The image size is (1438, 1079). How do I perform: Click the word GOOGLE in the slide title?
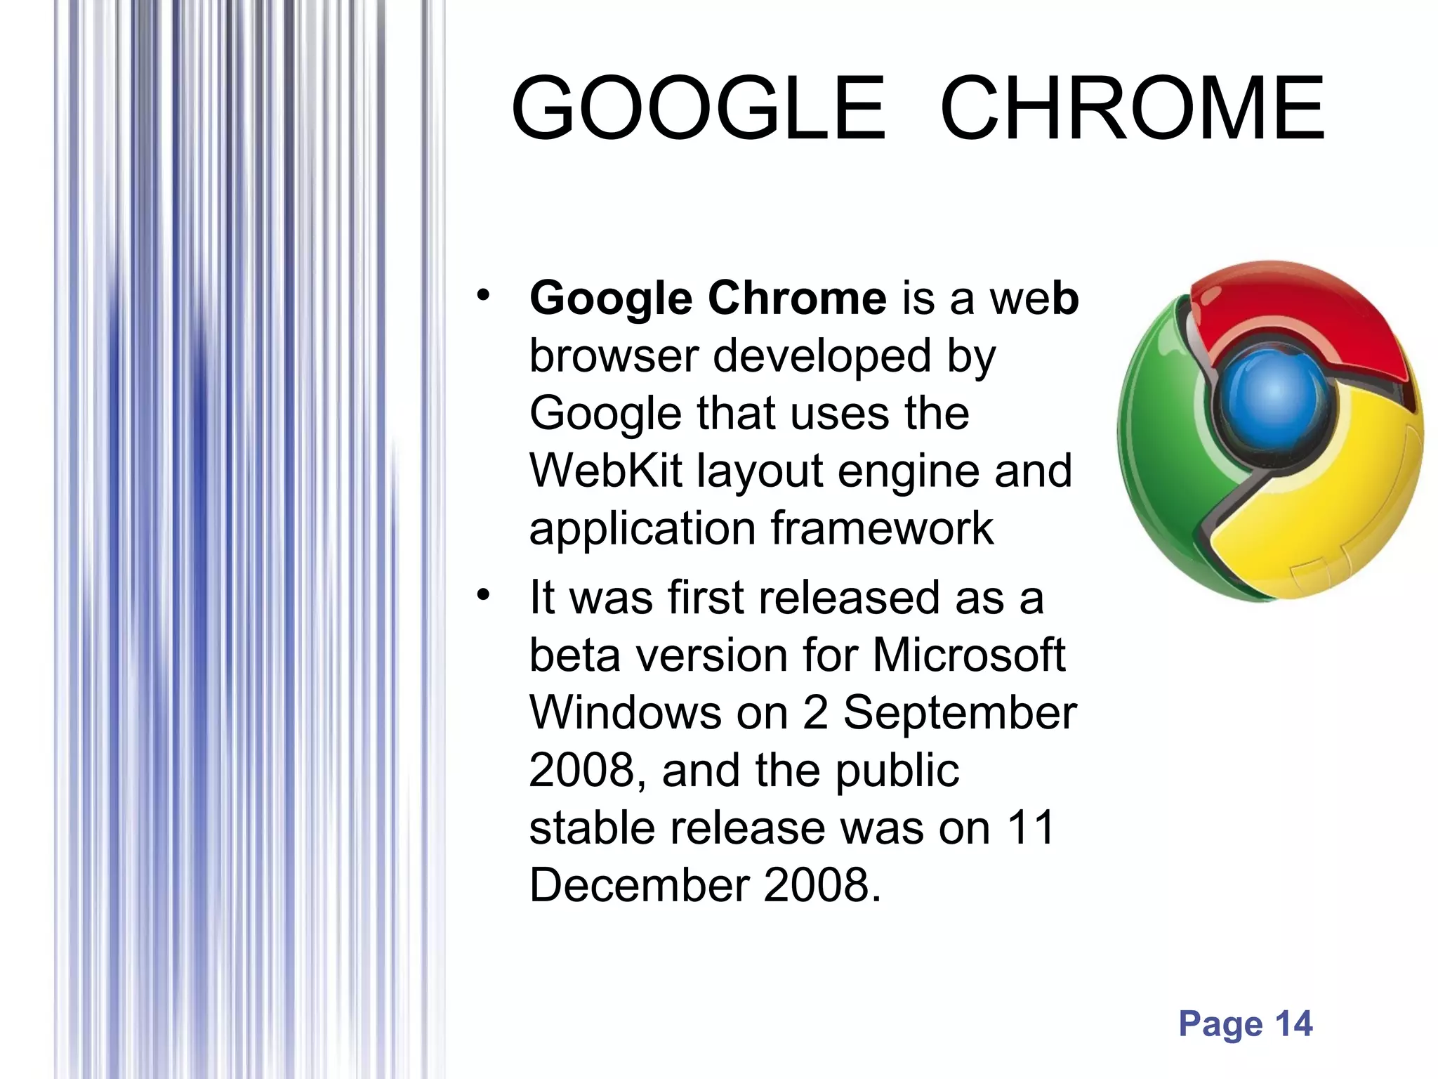699,109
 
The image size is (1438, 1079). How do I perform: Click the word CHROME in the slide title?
1132,109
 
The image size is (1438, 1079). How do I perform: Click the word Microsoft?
969,655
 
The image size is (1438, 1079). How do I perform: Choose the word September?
960,713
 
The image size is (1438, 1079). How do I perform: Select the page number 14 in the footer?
1293,1024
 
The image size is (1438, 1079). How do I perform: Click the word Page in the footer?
1220,1024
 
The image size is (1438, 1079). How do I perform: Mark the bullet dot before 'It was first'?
482,595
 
